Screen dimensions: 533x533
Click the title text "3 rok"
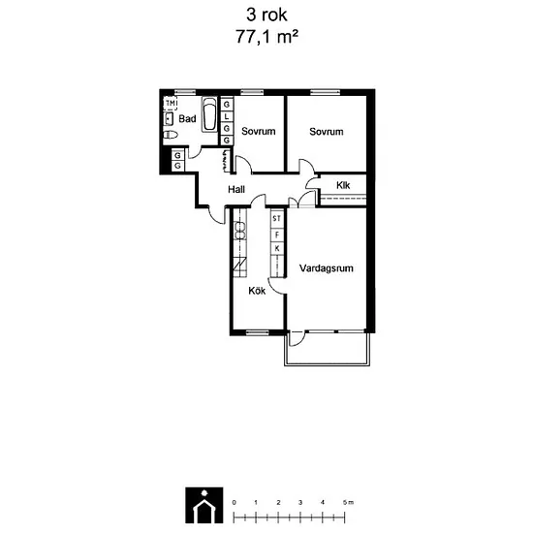[x=266, y=16]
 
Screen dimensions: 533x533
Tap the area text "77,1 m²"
[x=267, y=37]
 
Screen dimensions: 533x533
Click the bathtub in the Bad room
[x=209, y=114]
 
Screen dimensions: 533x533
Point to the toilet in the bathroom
[x=171, y=135]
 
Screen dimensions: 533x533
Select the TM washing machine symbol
[x=171, y=103]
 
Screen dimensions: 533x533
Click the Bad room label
[x=187, y=118]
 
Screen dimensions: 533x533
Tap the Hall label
[x=236, y=189]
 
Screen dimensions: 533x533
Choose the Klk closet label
[x=343, y=185]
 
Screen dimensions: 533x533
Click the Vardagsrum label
[x=327, y=268]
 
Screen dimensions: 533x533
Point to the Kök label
[x=257, y=291]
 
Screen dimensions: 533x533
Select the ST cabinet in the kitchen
[x=277, y=219]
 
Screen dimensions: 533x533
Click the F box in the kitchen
[x=277, y=235]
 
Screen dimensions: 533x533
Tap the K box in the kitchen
[x=277, y=248]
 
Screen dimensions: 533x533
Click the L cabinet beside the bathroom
[x=227, y=116]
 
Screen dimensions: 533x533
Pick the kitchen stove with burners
[x=240, y=231]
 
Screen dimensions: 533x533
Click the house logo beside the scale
[x=204, y=505]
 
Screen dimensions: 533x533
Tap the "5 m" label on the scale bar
[x=349, y=502]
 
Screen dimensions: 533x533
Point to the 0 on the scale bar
[x=234, y=502]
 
